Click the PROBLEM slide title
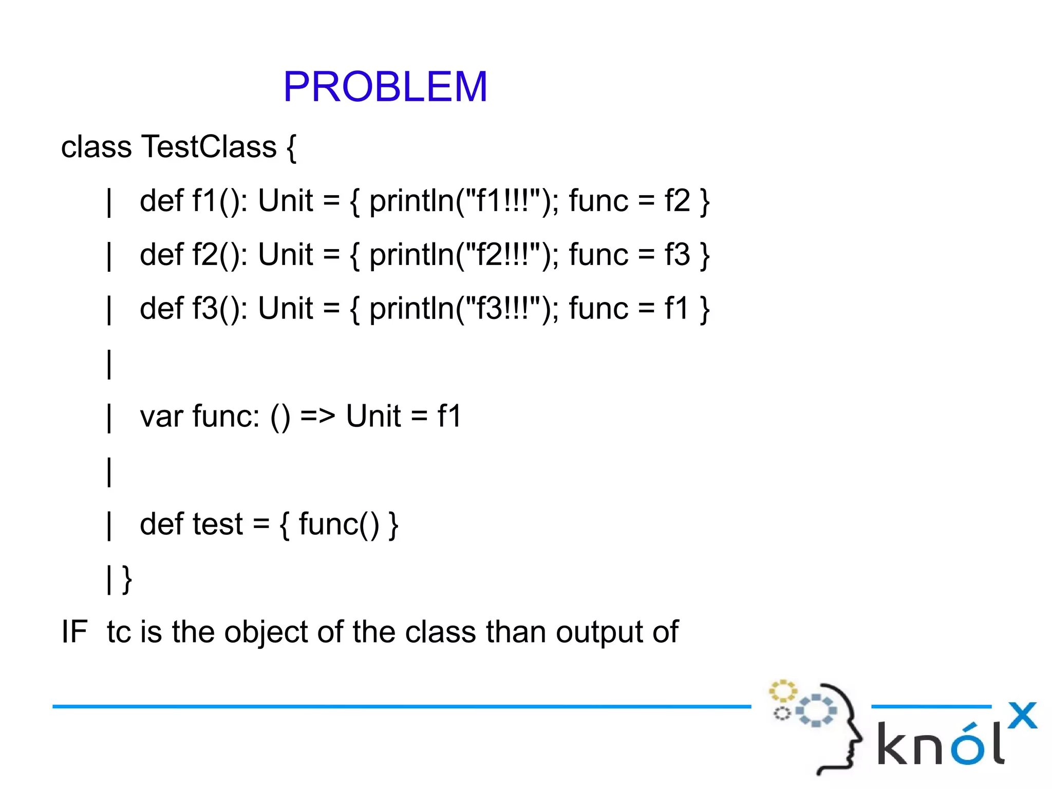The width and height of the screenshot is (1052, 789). pyautogui.click(x=385, y=86)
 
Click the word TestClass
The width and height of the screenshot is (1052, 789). pyautogui.click(x=209, y=147)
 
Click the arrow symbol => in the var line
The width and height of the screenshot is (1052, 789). pyautogui.click(x=317, y=416)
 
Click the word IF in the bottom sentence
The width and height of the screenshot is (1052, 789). pyautogui.click(x=74, y=632)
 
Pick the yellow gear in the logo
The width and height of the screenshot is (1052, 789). pyautogui.click(x=782, y=691)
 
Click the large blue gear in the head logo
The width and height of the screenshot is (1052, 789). pyautogui.click(x=816, y=710)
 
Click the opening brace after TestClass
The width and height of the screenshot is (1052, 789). pyautogui.click(x=291, y=148)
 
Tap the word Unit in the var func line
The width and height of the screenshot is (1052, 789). pyautogui.click(x=373, y=416)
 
